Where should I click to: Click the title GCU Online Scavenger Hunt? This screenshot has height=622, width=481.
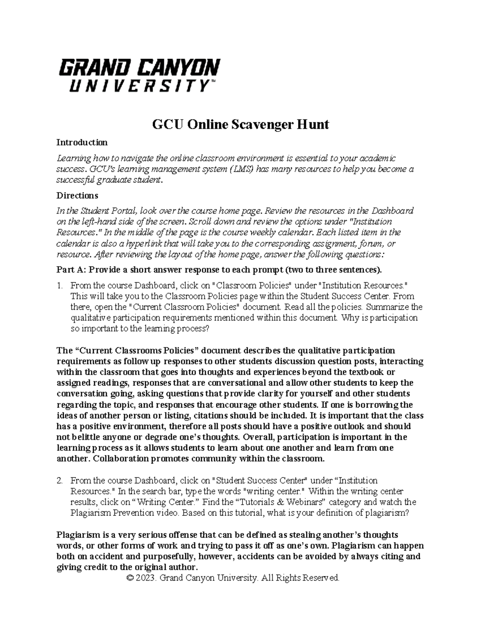coord(240,125)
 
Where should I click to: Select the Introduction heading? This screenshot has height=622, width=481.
coord(82,143)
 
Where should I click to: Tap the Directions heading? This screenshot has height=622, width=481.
coord(77,196)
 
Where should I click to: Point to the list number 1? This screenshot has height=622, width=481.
coord(60,286)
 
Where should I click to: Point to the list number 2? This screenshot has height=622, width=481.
coord(60,481)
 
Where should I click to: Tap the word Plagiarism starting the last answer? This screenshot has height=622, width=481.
coord(79,535)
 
